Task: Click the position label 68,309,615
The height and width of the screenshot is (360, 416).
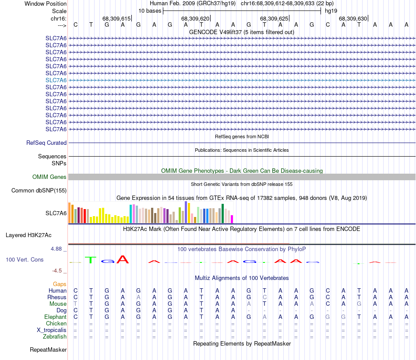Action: pyautogui.click(x=116, y=19)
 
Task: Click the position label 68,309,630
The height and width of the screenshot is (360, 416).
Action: pyautogui.click(x=353, y=19)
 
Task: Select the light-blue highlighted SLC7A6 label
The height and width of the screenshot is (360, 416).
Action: pyautogui.click(x=56, y=80)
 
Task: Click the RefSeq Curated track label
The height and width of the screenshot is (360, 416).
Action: pyautogui.click(x=46, y=143)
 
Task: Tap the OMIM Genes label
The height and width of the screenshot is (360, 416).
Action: pyautogui.click(x=49, y=177)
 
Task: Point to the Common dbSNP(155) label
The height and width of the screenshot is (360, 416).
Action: pyautogui.click(x=39, y=190)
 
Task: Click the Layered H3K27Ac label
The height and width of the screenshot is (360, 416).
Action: pyautogui.click(x=28, y=235)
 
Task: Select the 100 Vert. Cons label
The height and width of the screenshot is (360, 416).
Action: pyautogui.click(x=25, y=259)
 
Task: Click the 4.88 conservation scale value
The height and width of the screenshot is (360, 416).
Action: pyautogui.click(x=58, y=248)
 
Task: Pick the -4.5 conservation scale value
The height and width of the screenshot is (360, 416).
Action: pyautogui.click(x=59, y=271)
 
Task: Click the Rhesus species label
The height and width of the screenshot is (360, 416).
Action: pyautogui.click(x=57, y=297)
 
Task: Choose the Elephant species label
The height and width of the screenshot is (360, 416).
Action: pyautogui.click(x=55, y=317)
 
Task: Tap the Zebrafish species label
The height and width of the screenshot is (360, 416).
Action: pyautogui.click(x=55, y=336)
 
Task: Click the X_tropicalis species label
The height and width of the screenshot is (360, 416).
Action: pyautogui.click(x=52, y=330)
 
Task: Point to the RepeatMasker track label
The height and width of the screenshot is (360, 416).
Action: pyautogui.click(x=48, y=350)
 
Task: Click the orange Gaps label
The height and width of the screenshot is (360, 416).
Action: pyautogui.click(x=60, y=284)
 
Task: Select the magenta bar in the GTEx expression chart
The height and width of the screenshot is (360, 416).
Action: pyautogui.click(x=232, y=219)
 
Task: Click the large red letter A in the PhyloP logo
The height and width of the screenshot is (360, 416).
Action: pyautogui.click(x=123, y=259)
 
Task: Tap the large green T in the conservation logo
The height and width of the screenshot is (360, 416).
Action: pyautogui.click(x=90, y=260)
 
